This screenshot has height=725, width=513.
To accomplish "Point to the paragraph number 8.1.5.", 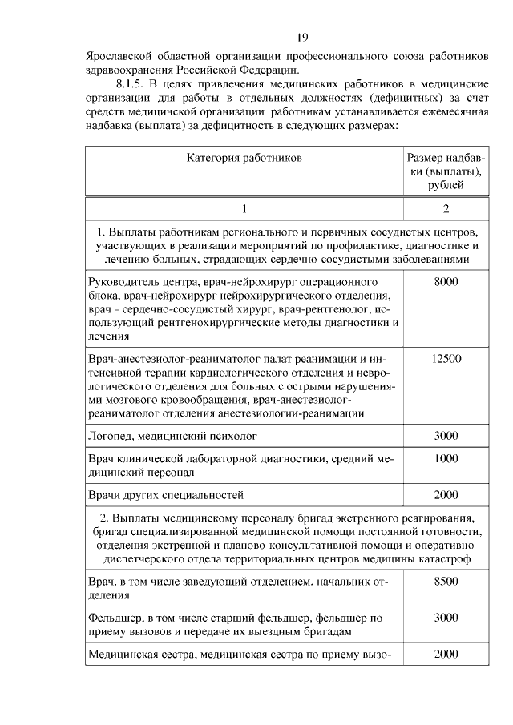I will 132,83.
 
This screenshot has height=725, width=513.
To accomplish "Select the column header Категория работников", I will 245,158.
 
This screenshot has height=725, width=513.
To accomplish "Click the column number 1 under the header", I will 245,209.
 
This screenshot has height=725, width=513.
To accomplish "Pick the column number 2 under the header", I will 446,209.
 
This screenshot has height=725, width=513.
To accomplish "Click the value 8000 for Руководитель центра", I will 446,282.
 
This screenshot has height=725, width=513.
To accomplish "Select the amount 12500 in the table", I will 446,358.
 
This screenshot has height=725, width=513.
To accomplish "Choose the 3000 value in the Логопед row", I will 446,436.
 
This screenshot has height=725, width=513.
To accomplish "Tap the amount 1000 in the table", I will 446,458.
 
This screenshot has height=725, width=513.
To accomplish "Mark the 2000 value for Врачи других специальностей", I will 446,494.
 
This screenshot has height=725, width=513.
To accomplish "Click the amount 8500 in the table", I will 446,581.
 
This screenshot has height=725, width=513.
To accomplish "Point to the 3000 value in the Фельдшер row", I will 446,618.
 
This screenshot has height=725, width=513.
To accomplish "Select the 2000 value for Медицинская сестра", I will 446,654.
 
